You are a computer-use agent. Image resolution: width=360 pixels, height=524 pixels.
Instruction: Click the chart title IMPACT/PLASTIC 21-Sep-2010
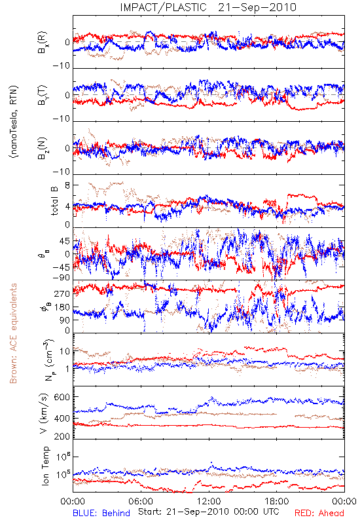click(208, 7)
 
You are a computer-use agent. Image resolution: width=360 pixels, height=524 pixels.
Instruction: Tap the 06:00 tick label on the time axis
click(141, 501)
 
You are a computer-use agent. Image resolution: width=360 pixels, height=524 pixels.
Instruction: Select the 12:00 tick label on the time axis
click(209, 501)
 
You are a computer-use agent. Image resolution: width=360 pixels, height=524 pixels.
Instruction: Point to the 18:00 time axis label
click(277, 501)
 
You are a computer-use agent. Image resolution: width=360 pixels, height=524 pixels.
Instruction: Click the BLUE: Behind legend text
click(101, 513)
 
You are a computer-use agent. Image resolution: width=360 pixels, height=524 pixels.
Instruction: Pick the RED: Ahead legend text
click(319, 513)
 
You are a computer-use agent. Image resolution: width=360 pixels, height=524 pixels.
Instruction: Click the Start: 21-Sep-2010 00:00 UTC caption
click(209, 512)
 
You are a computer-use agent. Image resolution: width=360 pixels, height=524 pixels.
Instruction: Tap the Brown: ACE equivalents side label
click(13, 333)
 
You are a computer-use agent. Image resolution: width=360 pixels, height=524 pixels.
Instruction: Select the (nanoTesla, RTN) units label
click(14, 122)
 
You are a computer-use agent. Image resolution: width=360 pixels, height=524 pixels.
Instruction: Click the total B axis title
click(54, 201)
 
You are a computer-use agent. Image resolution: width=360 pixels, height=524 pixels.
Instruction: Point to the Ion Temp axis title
click(45, 466)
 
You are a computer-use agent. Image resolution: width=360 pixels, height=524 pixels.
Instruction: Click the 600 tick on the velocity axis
click(62, 397)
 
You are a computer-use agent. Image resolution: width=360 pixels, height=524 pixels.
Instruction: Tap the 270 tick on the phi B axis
click(62, 293)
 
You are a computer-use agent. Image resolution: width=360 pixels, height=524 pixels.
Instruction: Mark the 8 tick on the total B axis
click(67, 185)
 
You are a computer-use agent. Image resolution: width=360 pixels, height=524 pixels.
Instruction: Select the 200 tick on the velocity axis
click(62, 436)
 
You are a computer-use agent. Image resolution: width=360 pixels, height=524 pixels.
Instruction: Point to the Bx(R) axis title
click(43, 43)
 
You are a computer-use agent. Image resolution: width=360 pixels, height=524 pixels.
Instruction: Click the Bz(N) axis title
click(43, 148)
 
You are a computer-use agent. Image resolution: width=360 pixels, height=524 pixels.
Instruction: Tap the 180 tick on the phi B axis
click(62, 307)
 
